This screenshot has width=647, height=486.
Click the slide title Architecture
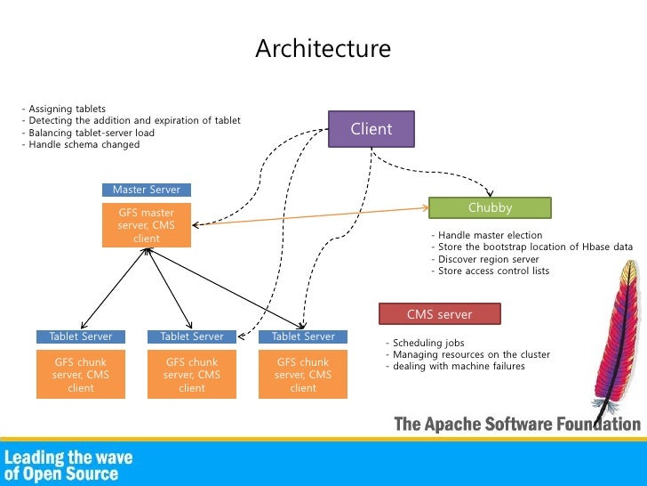(x=323, y=49)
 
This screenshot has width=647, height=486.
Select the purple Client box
(x=371, y=129)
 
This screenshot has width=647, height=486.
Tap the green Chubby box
(x=490, y=207)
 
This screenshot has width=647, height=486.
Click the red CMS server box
(x=439, y=314)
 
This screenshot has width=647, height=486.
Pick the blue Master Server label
(x=146, y=190)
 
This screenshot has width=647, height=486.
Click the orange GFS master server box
(x=146, y=225)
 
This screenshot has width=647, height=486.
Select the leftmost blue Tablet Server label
(x=81, y=336)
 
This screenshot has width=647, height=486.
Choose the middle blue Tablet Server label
(x=192, y=336)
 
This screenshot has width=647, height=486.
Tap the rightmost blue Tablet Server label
(x=303, y=336)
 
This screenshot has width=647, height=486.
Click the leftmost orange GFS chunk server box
(x=81, y=375)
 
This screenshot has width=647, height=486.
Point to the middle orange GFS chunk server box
(x=192, y=375)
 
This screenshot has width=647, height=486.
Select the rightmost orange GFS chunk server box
(x=303, y=375)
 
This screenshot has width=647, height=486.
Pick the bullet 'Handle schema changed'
(x=80, y=144)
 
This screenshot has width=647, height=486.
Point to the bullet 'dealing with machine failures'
(x=456, y=366)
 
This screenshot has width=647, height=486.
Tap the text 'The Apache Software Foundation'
(x=516, y=424)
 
